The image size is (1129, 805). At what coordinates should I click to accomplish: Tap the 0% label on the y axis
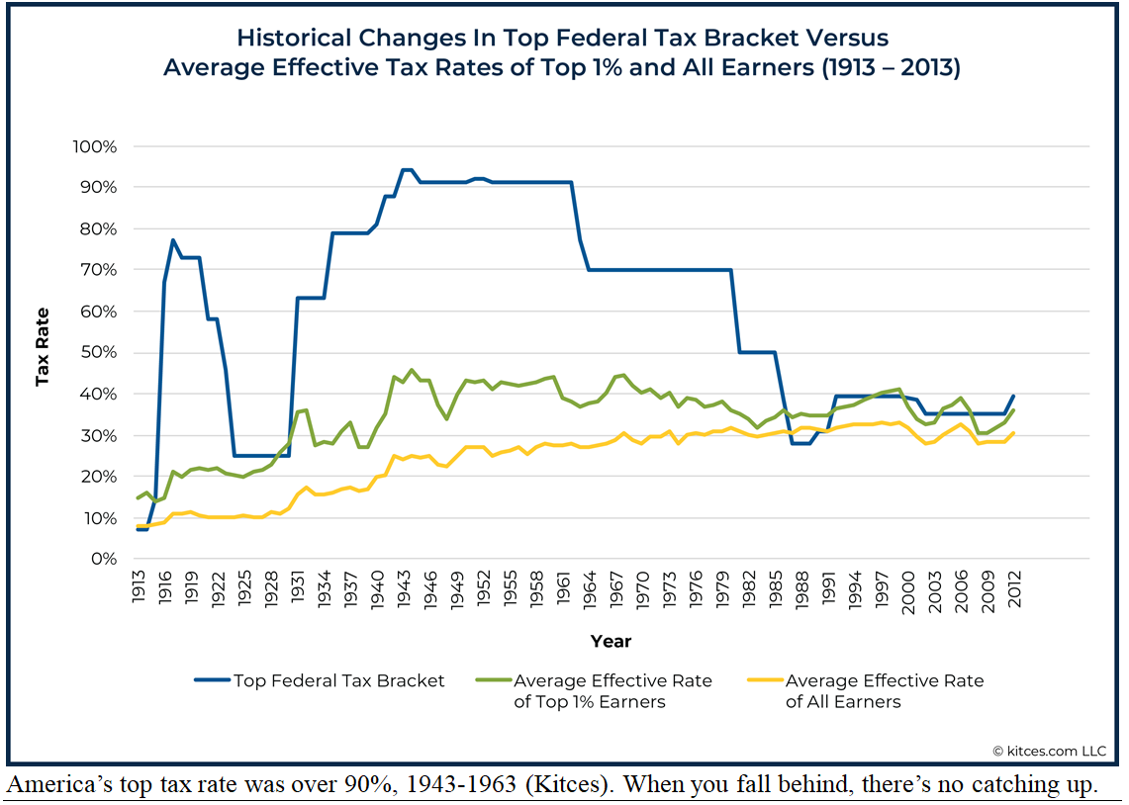pos(105,559)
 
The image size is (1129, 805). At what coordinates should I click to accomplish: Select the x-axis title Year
pos(611,641)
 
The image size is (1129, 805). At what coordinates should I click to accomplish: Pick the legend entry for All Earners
pos(885,691)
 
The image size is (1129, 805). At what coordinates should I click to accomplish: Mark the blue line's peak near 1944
pos(406,170)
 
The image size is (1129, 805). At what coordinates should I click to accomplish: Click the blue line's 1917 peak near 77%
pos(173,239)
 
